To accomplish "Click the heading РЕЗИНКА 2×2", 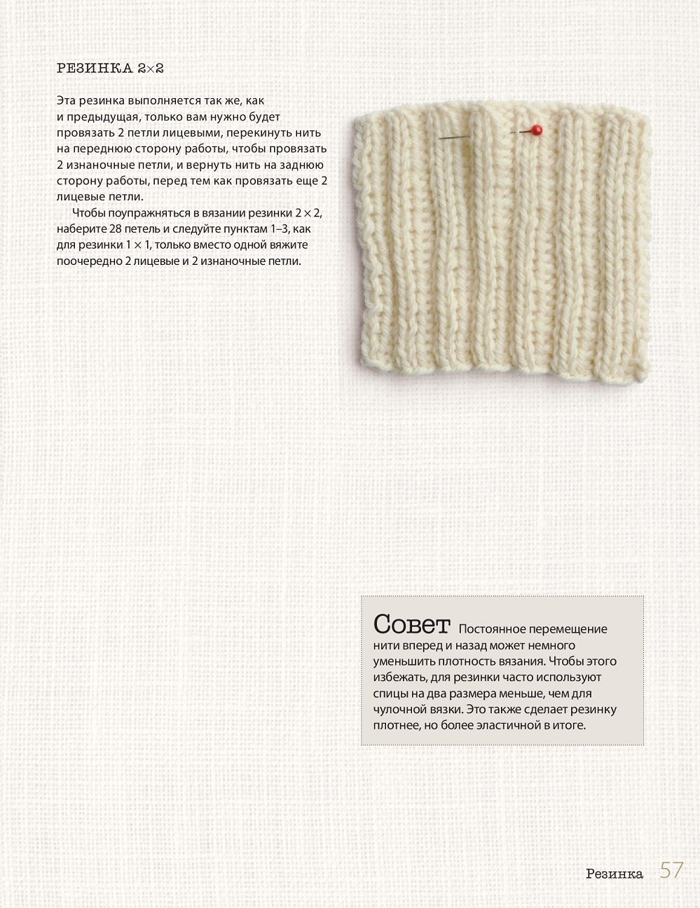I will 110,69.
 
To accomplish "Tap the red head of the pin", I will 537,129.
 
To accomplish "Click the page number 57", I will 671,870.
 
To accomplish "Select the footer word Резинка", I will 615,874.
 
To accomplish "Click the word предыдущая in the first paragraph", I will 105,117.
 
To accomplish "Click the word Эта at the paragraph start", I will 65,101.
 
